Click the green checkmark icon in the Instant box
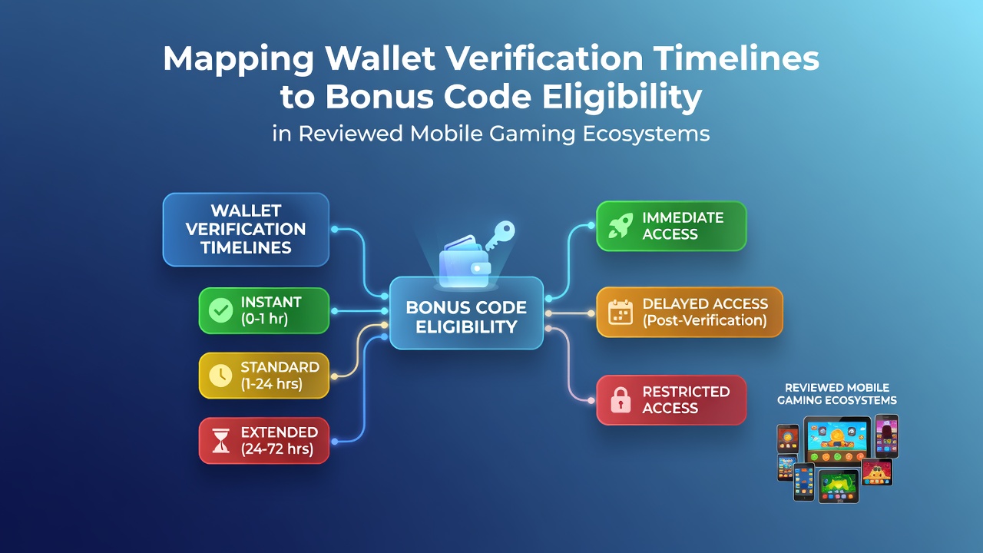(x=220, y=310)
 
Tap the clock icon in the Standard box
(x=220, y=376)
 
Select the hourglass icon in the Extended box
(x=220, y=441)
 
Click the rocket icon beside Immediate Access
(x=621, y=226)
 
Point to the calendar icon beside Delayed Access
(x=621, y=312)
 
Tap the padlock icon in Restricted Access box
(x=621, y=400)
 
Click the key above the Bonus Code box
(x=500, y=236)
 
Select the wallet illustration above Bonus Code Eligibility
(x=465, y=262)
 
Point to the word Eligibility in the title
(x=622, y=98)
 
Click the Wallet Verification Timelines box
(x=246, y=230)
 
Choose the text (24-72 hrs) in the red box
(x=277, y=449)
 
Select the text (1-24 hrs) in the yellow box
(x=272, y=384)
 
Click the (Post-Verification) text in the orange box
(x=705, y=320)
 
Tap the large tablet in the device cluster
(x=837, y=441)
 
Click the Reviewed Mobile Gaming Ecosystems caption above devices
(x=837, y=394)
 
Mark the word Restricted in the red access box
(x=686, y=392)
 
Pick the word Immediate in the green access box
(x=683, y=217)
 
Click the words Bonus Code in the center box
(x=466, y=307)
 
